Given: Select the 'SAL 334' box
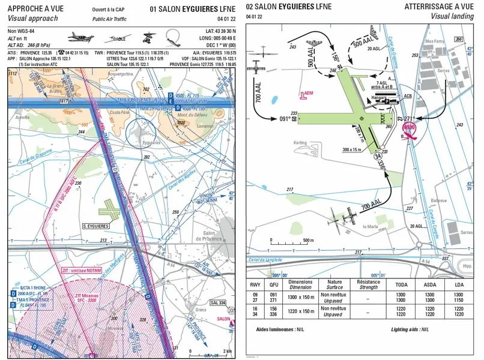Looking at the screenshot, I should coord(219,302).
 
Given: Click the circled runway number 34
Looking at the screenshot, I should coord(378,156).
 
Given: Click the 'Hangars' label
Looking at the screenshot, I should coord(380,97).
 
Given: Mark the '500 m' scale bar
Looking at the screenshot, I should coord(290,244).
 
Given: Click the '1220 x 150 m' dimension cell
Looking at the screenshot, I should coord(300,311).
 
